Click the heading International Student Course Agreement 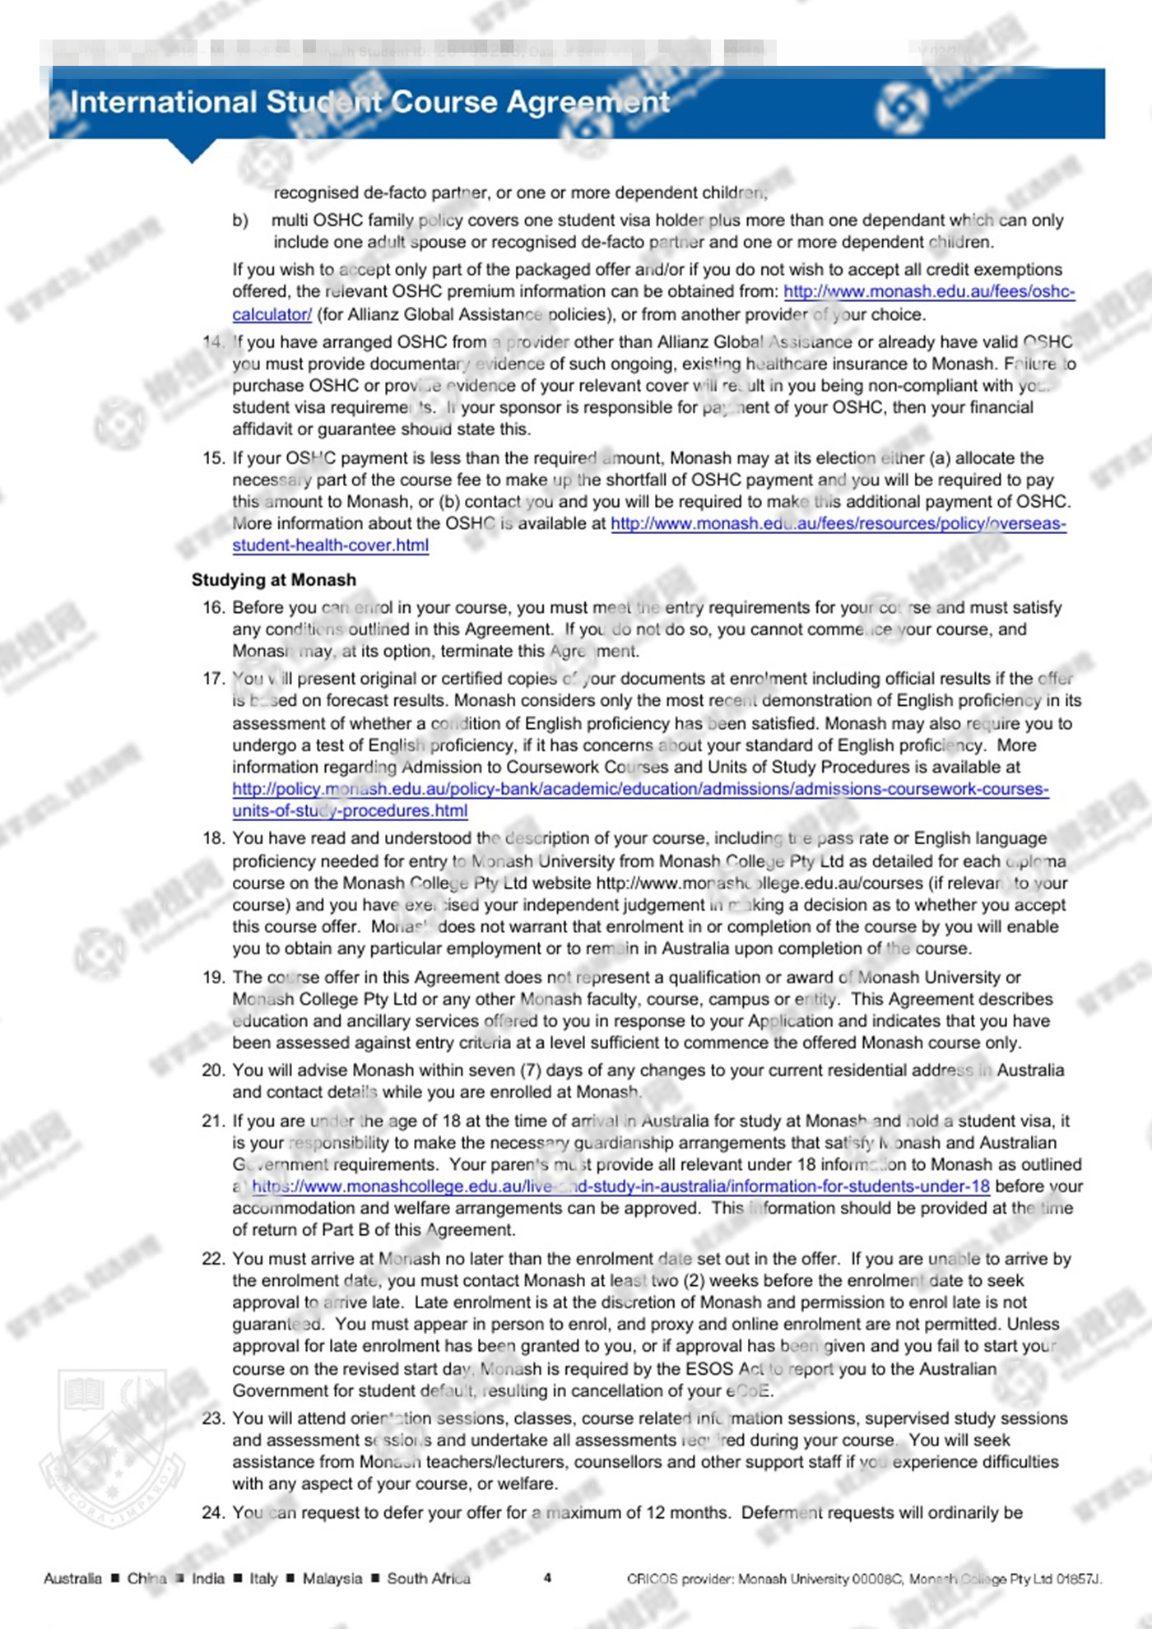pos(370,102)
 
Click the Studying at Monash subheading pos(274,580)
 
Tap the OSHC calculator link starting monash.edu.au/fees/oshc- pos(928,291)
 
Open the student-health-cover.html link pos(330,545)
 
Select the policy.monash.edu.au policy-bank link pos(640,789)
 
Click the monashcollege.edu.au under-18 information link pos(620,1186)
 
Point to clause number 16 pos(213,608)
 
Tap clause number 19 pos(213,977)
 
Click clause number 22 pos(213,1259)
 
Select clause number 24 pos(213,1512)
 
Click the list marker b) pos(240,220)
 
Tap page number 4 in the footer pos(547,1578)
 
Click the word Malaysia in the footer pos(332,1578)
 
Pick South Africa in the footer pos(429,1578)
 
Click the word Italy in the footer pos(263,1578)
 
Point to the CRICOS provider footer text pos(864,1579)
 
